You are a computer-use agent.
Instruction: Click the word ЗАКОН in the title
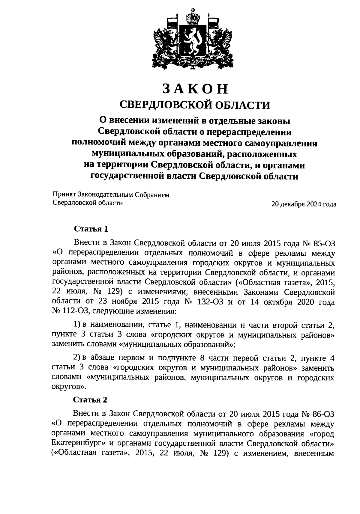pyautogui.click(x=195, y=89)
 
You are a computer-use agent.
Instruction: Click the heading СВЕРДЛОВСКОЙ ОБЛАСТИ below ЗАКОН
pyautogui.click(x=195, y=105)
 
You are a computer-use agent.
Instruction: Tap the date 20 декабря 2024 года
pyautogui.click(x=304, y=204)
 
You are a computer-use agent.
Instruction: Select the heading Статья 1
pyautogui.click(x=91, y=229)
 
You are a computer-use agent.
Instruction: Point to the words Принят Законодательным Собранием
pyautogui.click(x=111, y=195)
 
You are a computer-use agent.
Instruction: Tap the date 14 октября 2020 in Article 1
pyautogui.click(x=271, y=302)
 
